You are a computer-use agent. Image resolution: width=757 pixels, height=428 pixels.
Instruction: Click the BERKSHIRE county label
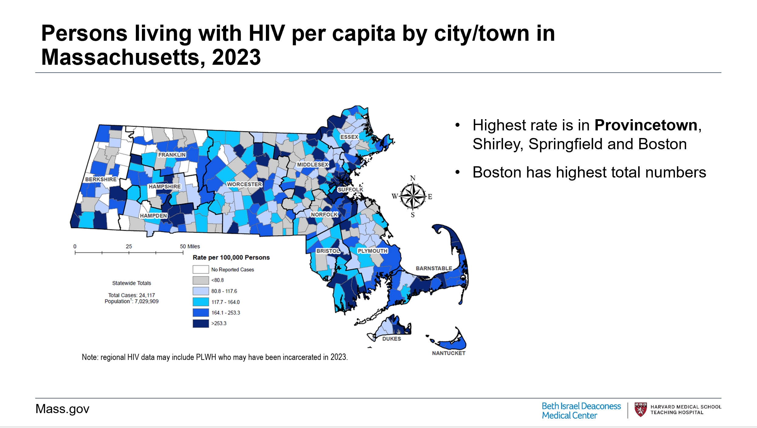(x=101, y=179)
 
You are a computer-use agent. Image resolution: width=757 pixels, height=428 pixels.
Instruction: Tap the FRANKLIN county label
(x=172, y=155)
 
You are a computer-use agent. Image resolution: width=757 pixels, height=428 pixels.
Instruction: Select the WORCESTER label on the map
(x=244, y=185)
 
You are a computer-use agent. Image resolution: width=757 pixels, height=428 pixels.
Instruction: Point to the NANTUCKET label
(x=449, y=353)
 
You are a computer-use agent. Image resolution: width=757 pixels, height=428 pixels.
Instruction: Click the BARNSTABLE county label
(x=434, y=268)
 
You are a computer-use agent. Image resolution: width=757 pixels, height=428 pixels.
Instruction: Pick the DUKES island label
(x=391, y=339)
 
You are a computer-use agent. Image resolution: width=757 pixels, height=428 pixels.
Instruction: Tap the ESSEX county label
(x=349, y=137)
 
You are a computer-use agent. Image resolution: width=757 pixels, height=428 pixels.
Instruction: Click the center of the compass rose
(x=412, y=196)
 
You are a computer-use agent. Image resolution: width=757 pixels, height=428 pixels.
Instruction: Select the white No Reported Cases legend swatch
(x=201, y=269)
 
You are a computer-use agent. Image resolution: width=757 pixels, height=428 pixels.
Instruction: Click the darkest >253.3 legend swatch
(x=201, y=323)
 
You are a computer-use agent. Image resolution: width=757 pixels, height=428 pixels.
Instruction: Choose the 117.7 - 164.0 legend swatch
(x=201, y=302)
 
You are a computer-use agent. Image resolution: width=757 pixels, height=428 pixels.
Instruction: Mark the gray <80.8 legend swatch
(x=201, y=280)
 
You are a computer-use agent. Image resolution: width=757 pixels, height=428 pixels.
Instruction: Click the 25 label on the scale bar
(x=129, y=247)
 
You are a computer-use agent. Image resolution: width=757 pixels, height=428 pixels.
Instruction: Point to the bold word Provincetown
(x=646, y=125)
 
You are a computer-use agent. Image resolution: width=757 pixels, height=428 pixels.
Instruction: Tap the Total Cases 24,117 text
(x=132, y=295)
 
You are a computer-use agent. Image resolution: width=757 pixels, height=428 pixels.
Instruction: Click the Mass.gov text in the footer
(x=62, y=409)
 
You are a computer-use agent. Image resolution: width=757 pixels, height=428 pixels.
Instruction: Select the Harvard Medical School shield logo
(x=641, y=410)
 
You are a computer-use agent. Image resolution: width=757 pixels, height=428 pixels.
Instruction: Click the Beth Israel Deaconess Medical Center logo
(x=581, y=411)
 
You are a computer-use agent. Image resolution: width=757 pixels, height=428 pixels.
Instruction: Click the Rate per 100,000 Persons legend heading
(x=231, y=257)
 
